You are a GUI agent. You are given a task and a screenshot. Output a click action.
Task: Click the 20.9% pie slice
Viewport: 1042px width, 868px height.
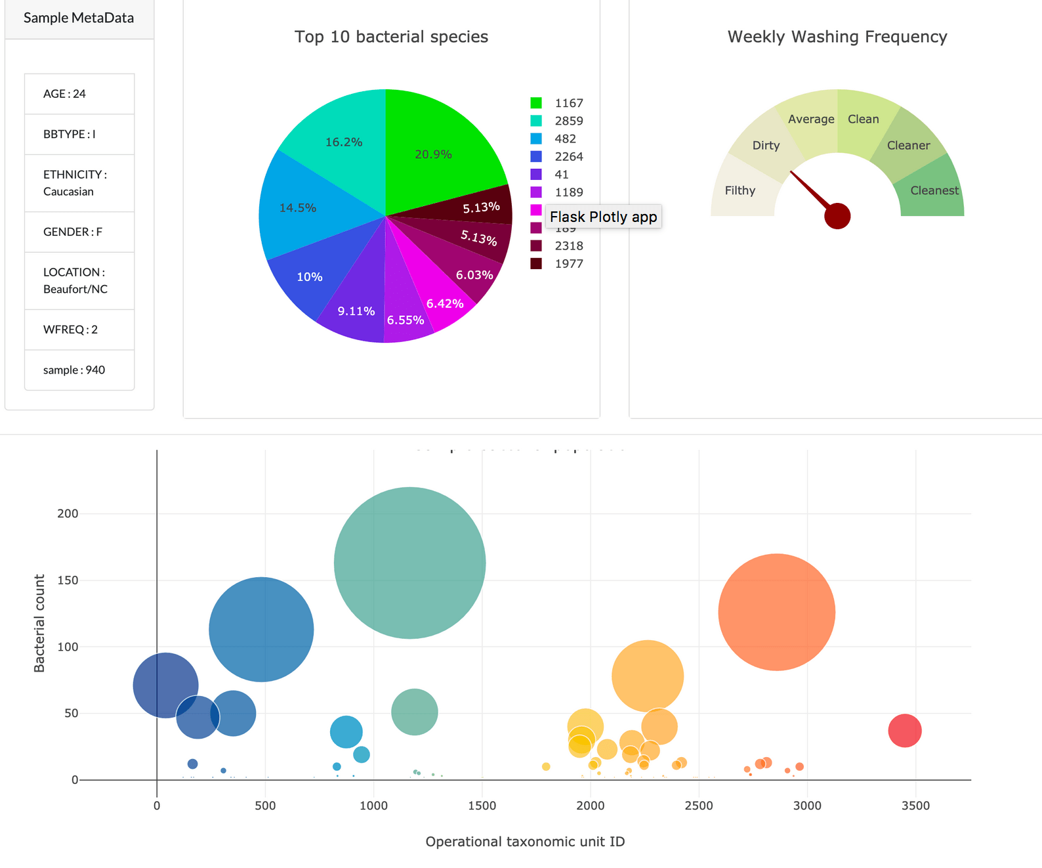(433, 154)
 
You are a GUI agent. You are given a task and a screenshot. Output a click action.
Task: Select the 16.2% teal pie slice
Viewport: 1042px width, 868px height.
(344, 142)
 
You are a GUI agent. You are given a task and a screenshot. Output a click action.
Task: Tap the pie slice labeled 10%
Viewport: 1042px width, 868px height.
(309, 276)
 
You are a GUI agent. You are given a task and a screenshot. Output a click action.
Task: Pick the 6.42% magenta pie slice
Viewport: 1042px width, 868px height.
(445, 303)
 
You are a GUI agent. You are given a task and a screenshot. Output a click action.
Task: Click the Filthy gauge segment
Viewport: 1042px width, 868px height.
(740, 190)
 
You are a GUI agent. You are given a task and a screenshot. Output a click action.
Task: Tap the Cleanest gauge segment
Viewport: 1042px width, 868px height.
(934, 190)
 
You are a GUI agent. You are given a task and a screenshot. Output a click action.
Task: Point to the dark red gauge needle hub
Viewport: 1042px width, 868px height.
(837, 216)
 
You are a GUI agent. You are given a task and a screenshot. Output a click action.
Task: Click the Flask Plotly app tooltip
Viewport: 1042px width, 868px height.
(603, 217)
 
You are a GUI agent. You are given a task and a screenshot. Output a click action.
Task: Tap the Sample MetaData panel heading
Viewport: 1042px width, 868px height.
(79, 18)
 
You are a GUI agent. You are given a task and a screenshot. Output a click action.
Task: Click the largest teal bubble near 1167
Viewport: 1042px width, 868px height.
(410, 563)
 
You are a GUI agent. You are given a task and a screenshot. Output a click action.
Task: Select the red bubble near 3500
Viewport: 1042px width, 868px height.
(905, 730)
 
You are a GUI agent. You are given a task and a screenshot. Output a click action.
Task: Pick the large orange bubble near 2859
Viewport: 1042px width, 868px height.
(776, 612)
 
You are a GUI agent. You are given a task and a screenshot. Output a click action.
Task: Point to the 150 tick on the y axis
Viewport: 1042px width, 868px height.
(68, 580)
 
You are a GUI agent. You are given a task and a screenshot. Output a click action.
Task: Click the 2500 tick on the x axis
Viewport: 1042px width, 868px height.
(699, 806)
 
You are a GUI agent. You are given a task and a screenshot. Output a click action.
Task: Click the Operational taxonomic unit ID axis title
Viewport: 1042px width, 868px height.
(525, 842)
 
